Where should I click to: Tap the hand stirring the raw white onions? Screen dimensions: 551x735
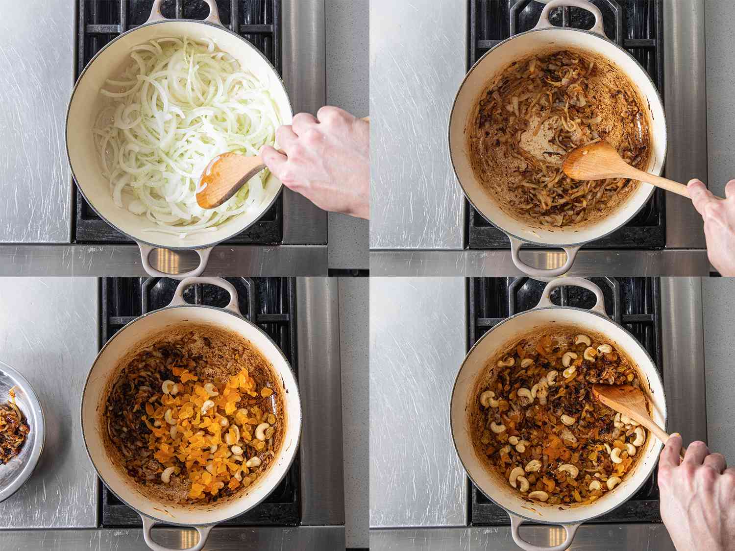[323, 157]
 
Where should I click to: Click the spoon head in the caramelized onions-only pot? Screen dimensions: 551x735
[588, 162]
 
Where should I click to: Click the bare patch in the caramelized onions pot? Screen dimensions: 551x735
[539, 147]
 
